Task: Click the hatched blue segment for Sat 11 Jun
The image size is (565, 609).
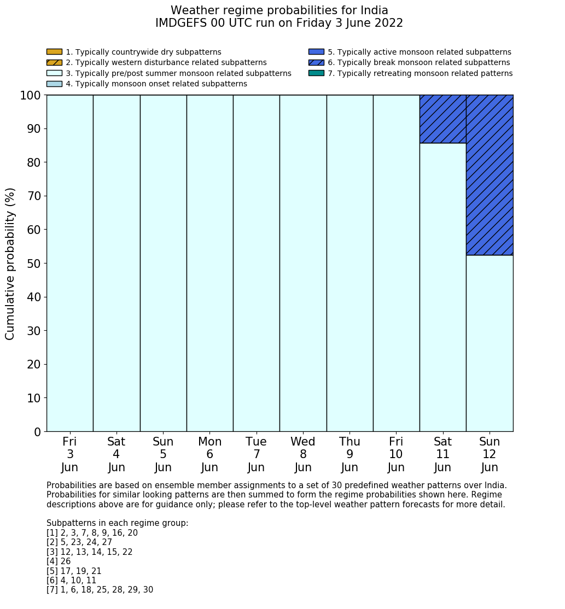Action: click(x=442, y=119)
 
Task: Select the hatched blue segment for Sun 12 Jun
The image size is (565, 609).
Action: click(x=490, y=175)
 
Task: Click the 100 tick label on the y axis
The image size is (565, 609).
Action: click(x=30, y=96)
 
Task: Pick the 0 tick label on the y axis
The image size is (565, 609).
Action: click(x=37, y=432)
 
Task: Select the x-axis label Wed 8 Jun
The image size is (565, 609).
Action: click(x=303, y=454)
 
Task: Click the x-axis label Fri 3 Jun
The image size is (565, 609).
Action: click(x=70, y=454)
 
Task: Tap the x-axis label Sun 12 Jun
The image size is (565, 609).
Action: click(x=490, y=454)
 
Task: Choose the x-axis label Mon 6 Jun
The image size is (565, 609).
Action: click(x=210, y=454)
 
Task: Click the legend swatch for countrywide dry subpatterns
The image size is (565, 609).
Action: click(x=54, y=52)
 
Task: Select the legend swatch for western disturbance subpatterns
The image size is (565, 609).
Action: click(x=54, y=62)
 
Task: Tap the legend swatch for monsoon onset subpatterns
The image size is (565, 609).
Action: click(x=54, y=84)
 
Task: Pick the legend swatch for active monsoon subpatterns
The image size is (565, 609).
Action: click(x=316, y=52)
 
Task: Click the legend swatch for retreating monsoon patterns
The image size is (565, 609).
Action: click(x=316, y=73)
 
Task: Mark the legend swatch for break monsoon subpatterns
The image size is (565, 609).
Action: click(x=316, y=62)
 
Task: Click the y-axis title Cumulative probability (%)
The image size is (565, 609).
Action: click(x=10, y=263)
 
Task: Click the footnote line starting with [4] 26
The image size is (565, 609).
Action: click(x=59, y=561)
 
